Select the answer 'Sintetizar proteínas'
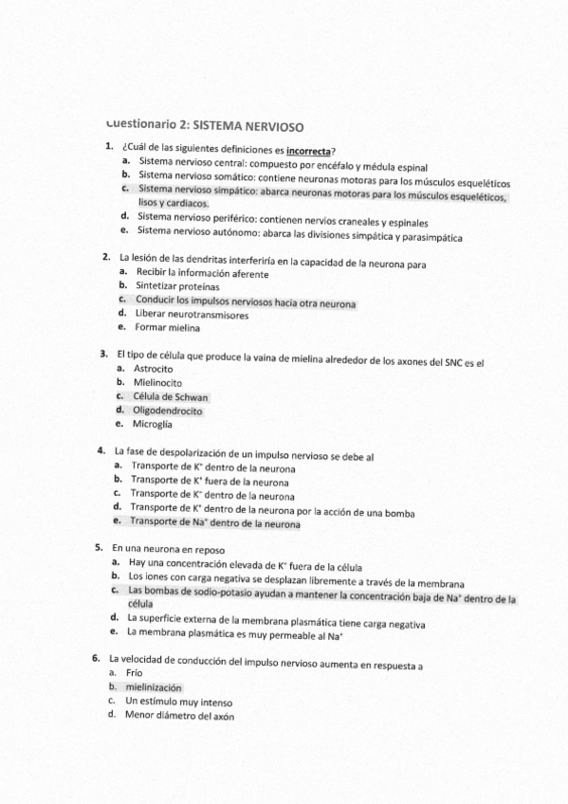pos(177,285)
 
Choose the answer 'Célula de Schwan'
pos(170,396)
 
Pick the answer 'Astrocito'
pos(153,368)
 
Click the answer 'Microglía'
pos(152,425)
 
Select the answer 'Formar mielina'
pos(168,328)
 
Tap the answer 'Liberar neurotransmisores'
pos(192,314)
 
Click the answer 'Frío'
pos(134,672)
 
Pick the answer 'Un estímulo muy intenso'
pos(177,702)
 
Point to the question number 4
pos(101,450)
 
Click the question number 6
pos(96,657)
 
